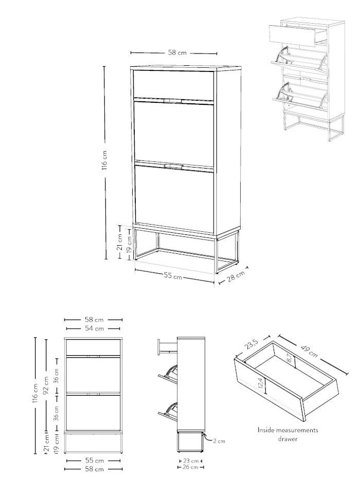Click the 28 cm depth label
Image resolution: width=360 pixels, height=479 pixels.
pos(236,277)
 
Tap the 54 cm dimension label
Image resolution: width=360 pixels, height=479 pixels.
pos(94,329)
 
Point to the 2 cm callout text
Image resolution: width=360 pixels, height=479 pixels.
pos(219,441)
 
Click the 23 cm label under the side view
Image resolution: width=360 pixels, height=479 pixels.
pos(191,461)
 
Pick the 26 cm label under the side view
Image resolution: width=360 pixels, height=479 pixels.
pos(191,467)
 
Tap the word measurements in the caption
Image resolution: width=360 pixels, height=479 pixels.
pos(297,430)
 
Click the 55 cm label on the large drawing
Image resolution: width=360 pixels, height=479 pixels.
pos(173,276)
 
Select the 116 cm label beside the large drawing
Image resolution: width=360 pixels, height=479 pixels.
pos(104,160)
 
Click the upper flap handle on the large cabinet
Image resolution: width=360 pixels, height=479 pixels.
pos(173,101)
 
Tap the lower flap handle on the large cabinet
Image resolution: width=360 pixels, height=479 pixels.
pos(173,166)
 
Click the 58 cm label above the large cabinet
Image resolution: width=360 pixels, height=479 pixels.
pos(177,52)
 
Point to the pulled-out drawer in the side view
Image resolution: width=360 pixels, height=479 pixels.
pos(167,347)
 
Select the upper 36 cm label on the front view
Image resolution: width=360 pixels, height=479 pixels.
pos(56,376)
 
